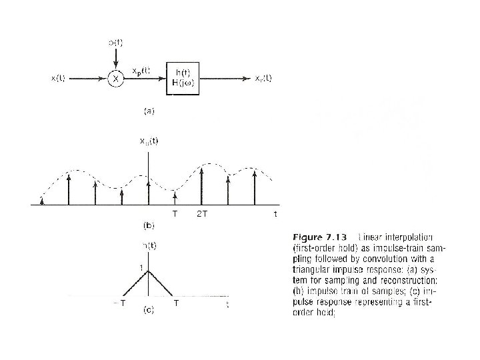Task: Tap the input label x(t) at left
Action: point(58,78)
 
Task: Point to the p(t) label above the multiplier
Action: point(115,43)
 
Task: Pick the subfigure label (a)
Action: point(151,112)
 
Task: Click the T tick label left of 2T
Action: point(175,214)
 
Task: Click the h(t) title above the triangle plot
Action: point(148,245)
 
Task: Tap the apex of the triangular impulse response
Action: point(148,271)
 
